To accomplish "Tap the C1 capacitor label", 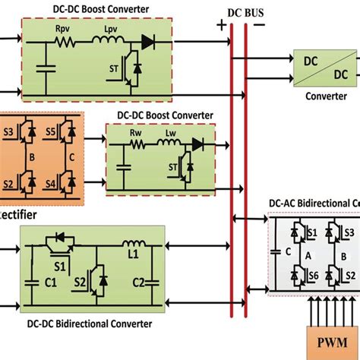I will (x=52, y=282).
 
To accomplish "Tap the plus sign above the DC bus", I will (x=222, y=24).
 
